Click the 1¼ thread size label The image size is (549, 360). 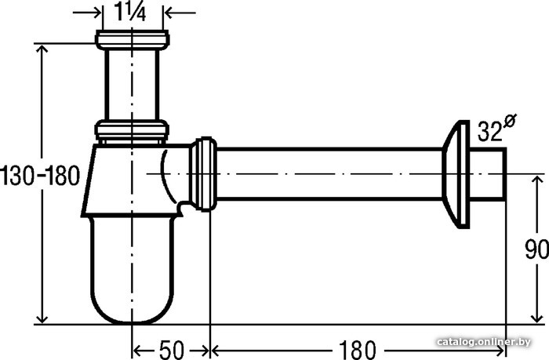point(129,13)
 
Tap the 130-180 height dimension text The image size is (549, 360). point(40,176)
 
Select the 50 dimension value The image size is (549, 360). point(172,350)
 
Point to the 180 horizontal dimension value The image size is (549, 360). point(357,350)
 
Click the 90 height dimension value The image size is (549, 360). point(536,249)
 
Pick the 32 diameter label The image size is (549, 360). point(489,132)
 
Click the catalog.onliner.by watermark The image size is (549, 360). point(484,341)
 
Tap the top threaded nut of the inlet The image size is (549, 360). point(133,39)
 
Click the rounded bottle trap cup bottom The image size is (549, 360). point(132,270)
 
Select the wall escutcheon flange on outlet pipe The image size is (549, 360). point(456,174)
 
